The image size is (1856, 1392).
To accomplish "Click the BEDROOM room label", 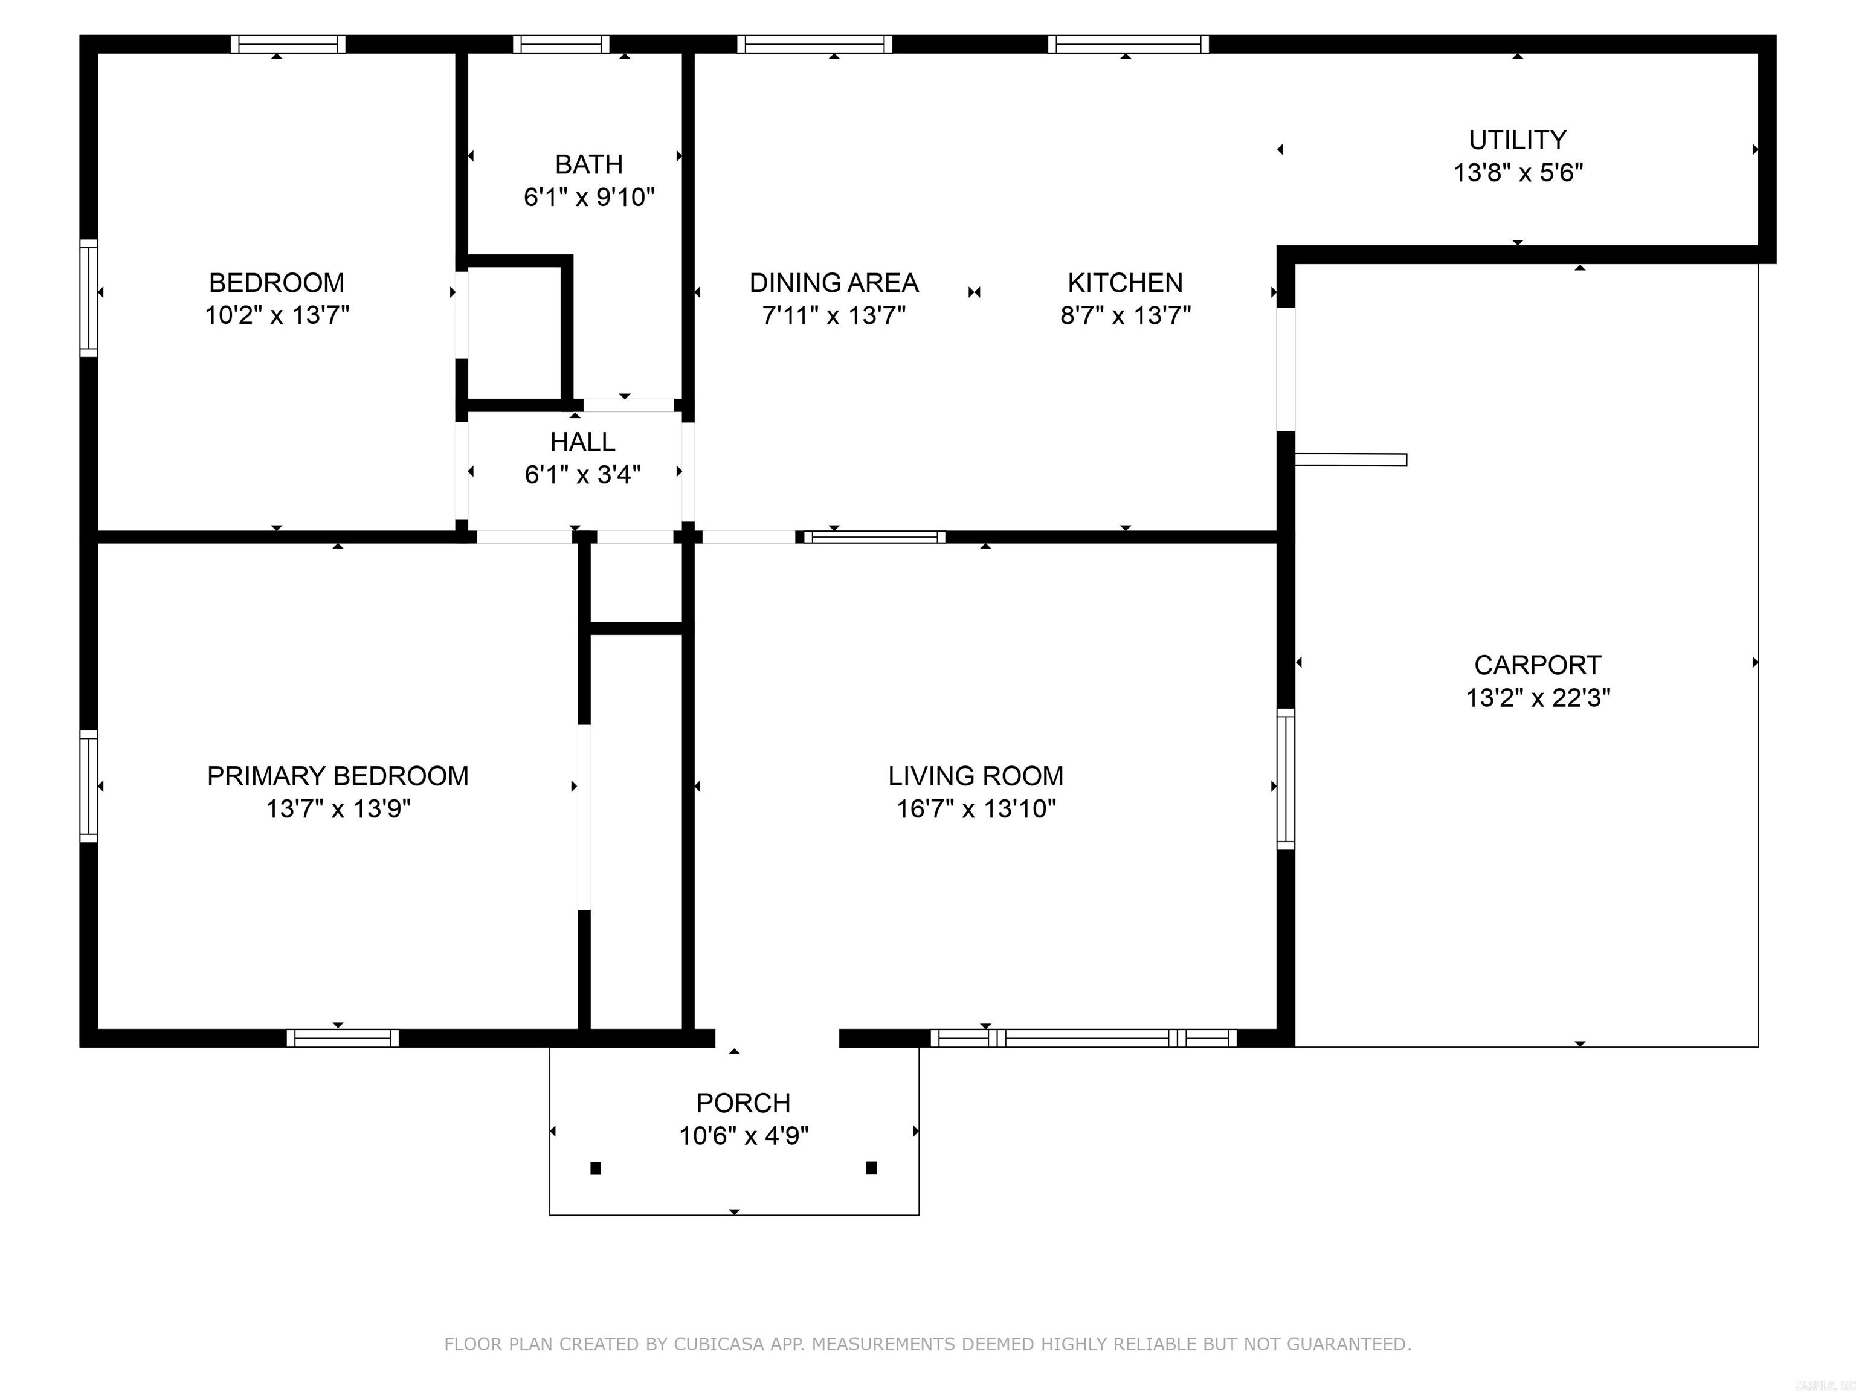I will [276, 283].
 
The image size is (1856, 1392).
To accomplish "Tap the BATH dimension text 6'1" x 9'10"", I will [589, 197].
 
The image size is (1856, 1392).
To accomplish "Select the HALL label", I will [582, 442].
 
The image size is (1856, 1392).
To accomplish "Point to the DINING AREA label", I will [833, 283].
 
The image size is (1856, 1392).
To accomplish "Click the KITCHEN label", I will [1124, 283].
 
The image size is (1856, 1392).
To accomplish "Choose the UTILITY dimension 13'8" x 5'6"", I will [1517, 173].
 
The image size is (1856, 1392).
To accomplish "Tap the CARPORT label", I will [1537, 665].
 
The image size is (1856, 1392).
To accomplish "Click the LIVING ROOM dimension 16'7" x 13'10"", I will [976, 809].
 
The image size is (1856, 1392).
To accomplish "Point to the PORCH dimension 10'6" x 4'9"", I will [743, 1136].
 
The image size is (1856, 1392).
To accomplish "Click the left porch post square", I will [596, 1168].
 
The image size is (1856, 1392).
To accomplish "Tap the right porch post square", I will [871, 1167].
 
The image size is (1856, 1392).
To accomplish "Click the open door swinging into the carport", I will [1351, 459].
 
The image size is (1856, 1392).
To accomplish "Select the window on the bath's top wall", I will [561, 43].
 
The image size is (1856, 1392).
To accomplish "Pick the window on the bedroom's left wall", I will [89, 298].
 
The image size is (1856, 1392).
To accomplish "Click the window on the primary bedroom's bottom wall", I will [343, 1038].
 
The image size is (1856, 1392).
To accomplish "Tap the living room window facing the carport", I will [1286, 779].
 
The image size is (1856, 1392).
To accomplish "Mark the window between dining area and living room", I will [874, 537].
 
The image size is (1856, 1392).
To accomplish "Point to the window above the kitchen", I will [1128, 43].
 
